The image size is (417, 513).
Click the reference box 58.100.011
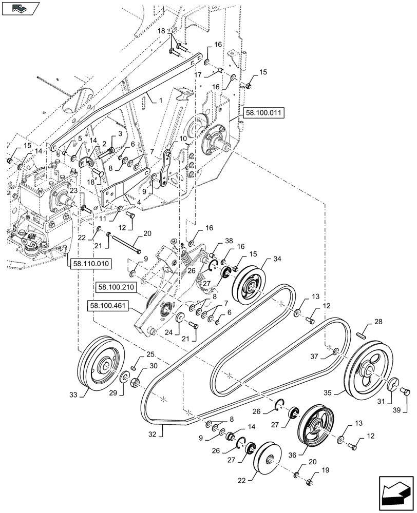(x=263, y=114)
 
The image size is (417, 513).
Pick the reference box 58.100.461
(x=108, y=306)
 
